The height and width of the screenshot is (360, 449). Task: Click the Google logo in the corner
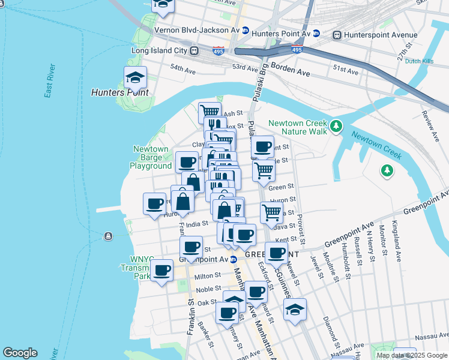click(x=20, y=353)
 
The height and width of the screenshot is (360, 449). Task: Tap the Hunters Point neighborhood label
click(x=119, y=92)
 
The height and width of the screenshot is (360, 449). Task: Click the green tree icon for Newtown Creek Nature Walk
click(x=336, y=126)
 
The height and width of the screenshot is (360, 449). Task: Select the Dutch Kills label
click(x=419, y=61)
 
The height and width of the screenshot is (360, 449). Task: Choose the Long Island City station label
click(x=159, y=51)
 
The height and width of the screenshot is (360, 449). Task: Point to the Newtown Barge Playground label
click(x=151, y=157)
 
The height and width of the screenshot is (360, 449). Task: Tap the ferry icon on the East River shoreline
click(x=108, y=236)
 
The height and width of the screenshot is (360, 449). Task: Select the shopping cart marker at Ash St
click(x=209, y=112)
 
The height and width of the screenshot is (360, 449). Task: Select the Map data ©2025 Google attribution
click(x=412, y=355)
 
